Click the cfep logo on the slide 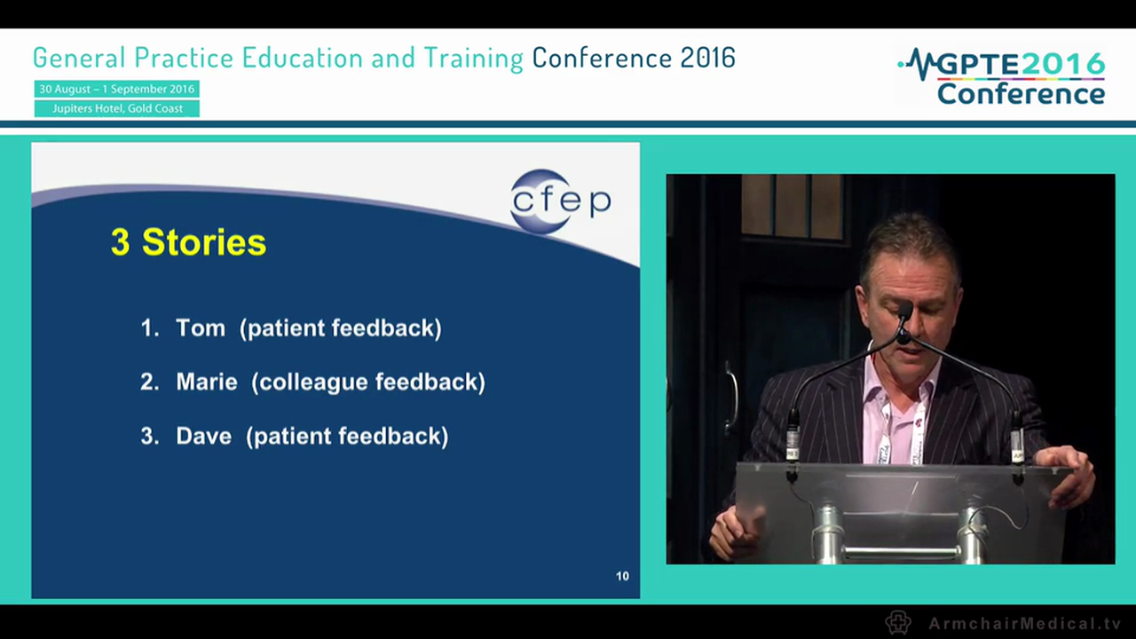coord(560,201)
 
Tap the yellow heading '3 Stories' coord(188,242)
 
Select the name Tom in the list coord(201,327)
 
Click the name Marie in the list coord(207,382)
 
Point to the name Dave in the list coord(203,436)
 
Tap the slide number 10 coord(622,576)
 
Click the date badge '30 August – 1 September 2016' coord(116,90)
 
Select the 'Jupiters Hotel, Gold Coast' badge coord(117,108)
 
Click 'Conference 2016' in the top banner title coord(634,58)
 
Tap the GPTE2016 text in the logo coord(1021,65)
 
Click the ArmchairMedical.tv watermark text coord(1024,623)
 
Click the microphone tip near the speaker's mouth coord(903,312)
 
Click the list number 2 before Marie coord(149,382)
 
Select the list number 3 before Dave coord(149,436)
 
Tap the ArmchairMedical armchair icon coord(898,622)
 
